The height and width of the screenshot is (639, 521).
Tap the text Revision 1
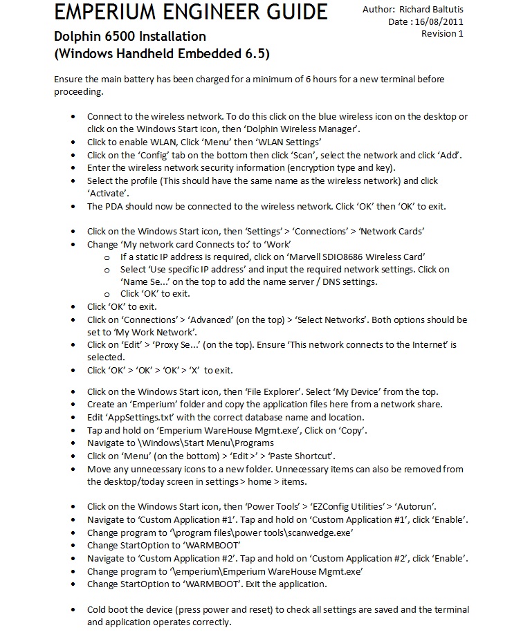pyautogui.click(x=443, y=33)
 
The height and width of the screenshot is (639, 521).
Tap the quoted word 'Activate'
pyautogui.click(x=109, y=194)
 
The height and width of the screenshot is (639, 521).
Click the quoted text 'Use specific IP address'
pyautogui.click(x=199, y=269)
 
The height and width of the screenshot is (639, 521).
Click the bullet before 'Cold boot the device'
pyautogui.click(x=74, y=611)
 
